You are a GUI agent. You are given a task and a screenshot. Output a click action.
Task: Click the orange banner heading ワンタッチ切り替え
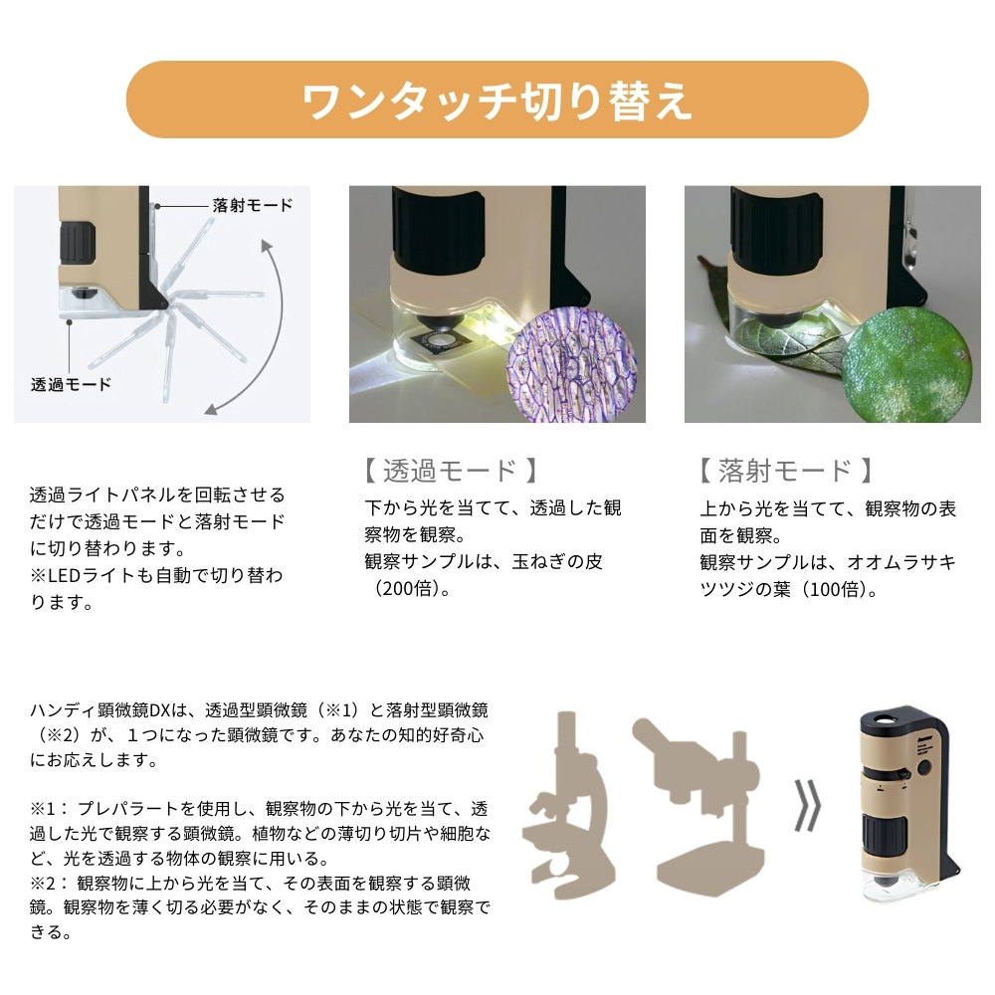497,100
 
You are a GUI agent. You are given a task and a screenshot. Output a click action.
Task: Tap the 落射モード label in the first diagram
253,205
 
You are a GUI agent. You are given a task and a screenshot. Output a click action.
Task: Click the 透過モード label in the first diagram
71,384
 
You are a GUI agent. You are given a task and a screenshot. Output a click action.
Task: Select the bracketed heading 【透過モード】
451,471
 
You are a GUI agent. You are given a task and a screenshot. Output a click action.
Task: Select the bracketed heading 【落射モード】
786,471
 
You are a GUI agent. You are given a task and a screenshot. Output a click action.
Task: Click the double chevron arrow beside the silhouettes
808,805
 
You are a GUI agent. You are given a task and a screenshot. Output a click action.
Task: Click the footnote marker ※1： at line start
49,809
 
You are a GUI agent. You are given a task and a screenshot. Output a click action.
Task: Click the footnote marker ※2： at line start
49,884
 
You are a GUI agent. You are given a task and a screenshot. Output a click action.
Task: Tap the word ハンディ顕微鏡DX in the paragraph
100,710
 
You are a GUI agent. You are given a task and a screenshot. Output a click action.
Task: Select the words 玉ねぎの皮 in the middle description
556,561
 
